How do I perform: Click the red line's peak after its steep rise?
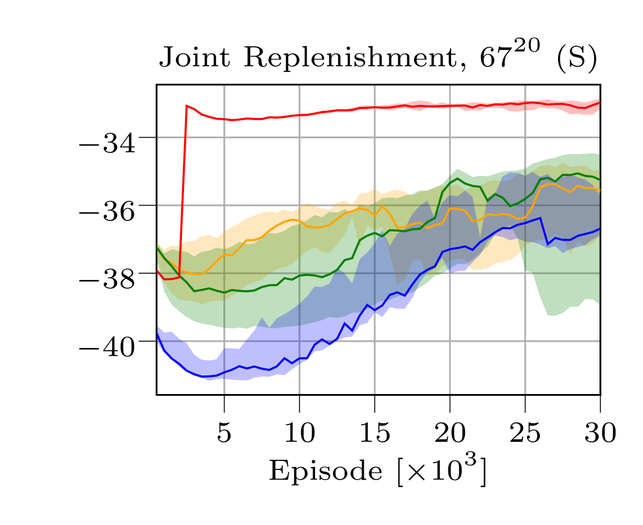tap(187, 105)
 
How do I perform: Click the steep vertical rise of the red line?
tap(183, 191)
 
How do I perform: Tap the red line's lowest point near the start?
tap(166, 279)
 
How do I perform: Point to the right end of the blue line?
tap(599, 229)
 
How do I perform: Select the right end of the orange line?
tap(599, 191)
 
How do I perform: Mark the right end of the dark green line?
tap(599, 179)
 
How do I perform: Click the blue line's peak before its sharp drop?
tap(540, 218)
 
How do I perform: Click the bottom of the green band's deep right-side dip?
tap(551, 315)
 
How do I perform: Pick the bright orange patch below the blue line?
tap(489, 256)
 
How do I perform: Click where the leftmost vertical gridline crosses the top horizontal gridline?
tap(224, 137)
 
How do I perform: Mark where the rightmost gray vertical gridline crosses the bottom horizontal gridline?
tap(525, 341)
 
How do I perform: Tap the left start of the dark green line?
tap(158, 246)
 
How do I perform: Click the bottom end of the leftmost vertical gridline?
tap(224, 393)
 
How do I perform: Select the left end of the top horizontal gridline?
tap(158, 137)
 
